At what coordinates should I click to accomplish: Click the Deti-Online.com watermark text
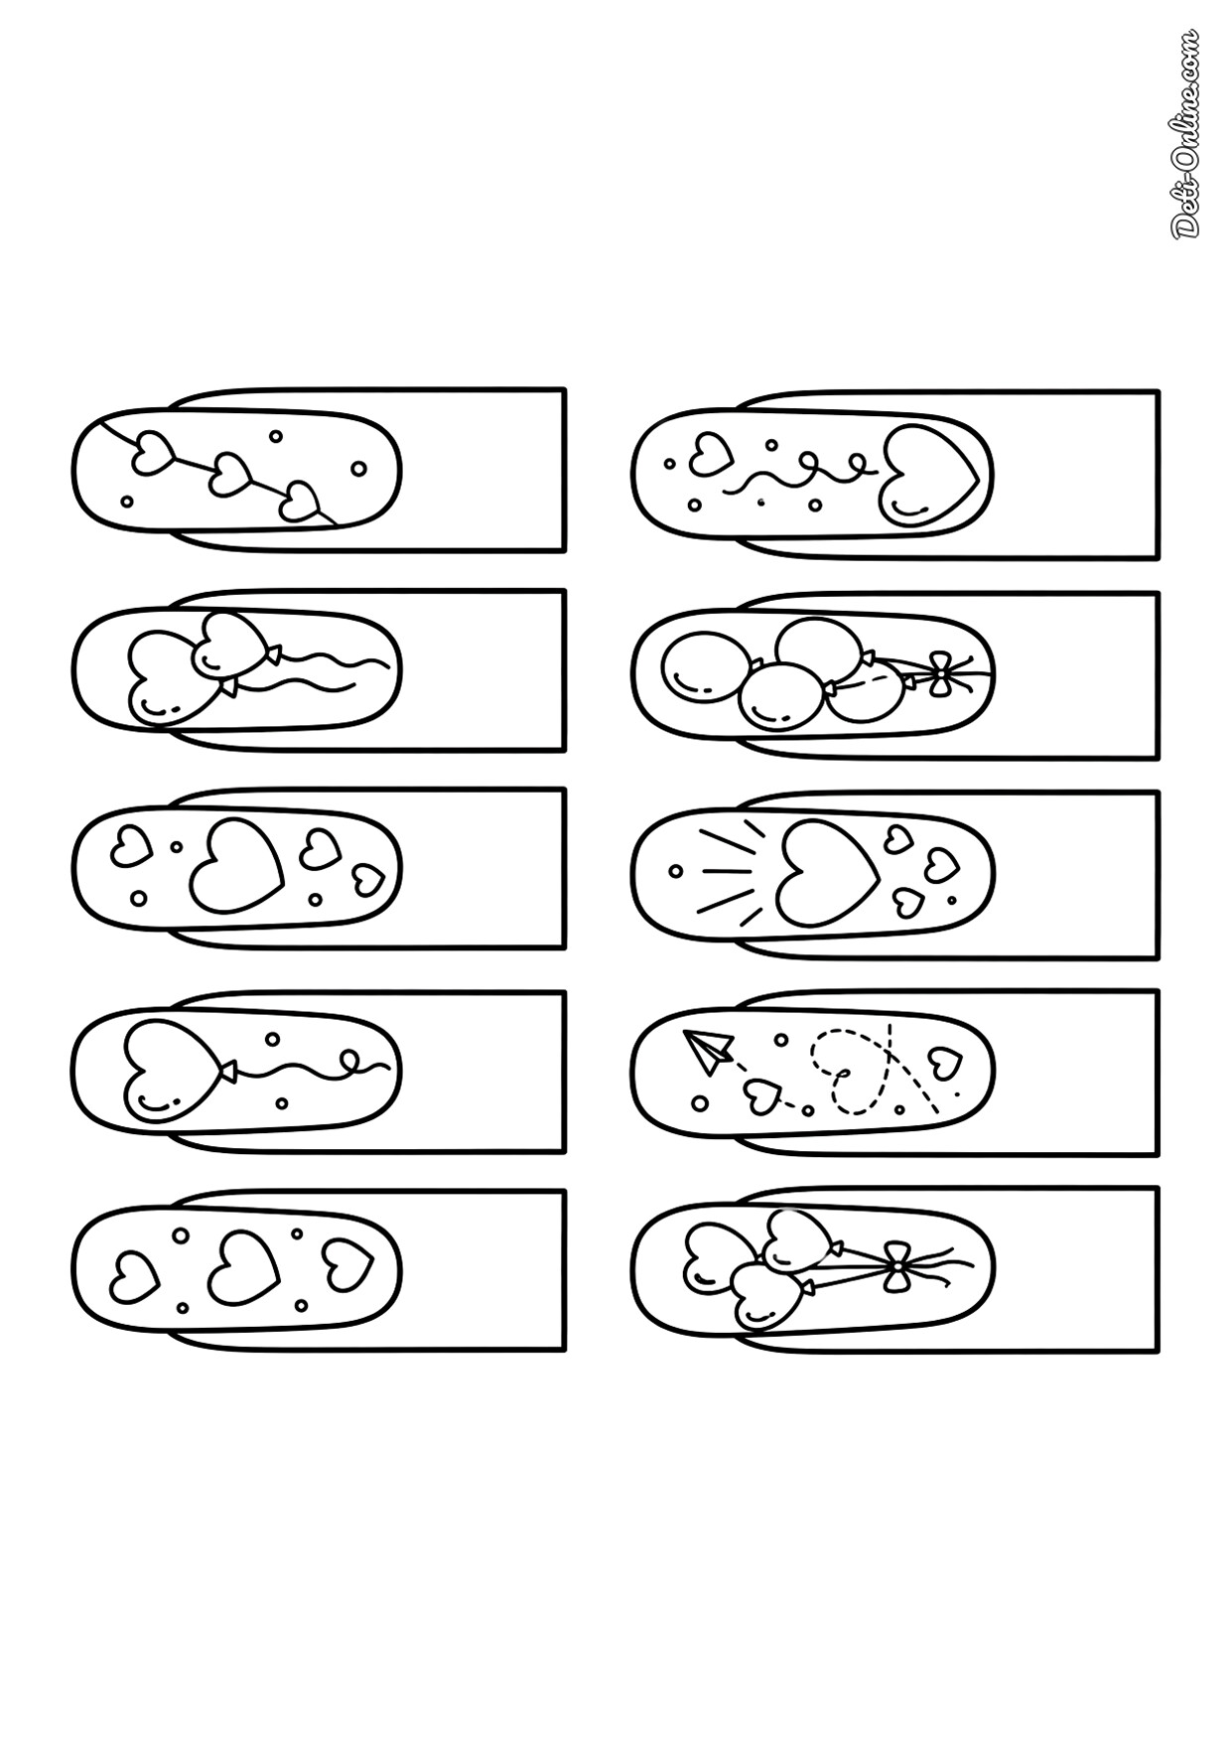[1185, 133]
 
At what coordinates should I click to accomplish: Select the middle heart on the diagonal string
[231, 475]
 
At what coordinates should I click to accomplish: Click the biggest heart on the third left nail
[236, 864]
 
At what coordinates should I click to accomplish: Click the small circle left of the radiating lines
[675, 871]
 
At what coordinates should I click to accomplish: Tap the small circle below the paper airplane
[700, 1102]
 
